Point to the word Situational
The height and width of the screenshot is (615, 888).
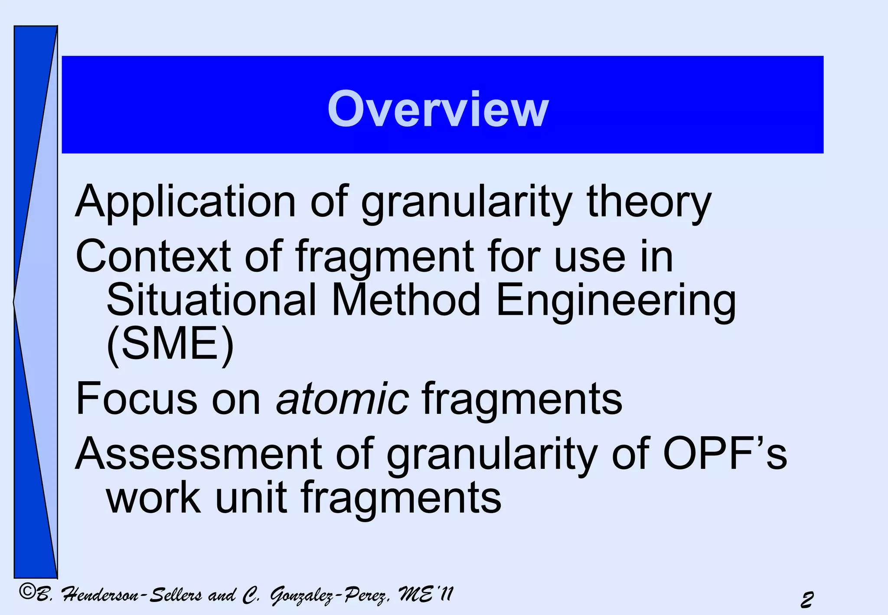tap(211, 300)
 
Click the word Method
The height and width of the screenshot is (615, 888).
tap(406, 300)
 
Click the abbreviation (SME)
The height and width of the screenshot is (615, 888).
tap(170, 345)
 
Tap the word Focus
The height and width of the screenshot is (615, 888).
tap(136, 399)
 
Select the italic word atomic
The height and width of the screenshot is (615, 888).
tap(342, 399)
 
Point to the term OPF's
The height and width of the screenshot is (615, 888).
tap(725, 454)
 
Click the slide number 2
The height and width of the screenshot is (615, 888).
tap(806, 600)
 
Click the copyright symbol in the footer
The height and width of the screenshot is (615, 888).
tap(27, 592)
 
